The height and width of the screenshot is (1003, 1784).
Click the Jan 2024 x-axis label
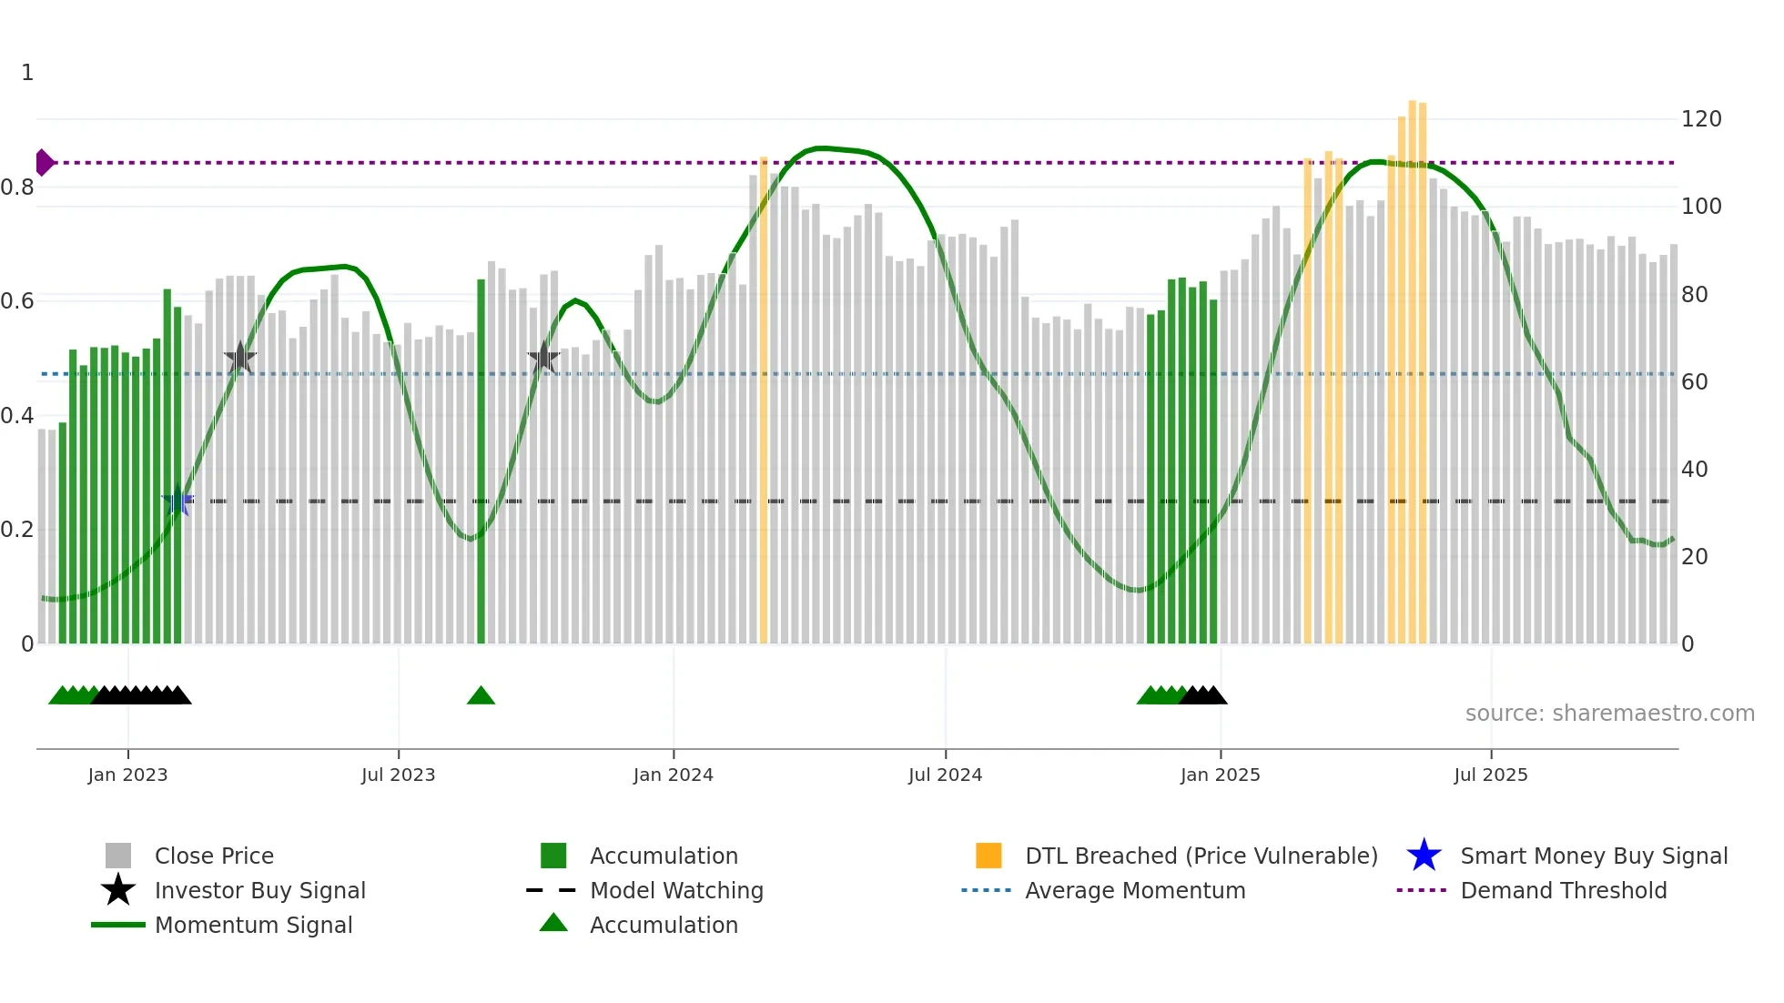[673, 775]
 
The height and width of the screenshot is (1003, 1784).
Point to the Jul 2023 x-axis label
[398, 775]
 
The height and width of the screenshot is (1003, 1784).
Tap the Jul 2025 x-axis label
[1490, 775]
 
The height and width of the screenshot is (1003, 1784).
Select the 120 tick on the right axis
[1700, 119]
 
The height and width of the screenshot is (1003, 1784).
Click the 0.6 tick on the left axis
[17, 301]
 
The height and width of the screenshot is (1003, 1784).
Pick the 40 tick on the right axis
[1694, 470]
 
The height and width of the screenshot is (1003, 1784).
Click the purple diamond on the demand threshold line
[44, 163]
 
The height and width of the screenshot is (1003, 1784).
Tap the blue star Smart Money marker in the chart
[177, 501]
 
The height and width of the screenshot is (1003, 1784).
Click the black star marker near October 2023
[543, 358]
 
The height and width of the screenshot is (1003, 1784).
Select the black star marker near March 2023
[240, 359]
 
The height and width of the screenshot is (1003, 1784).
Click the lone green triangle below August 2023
[481, 696]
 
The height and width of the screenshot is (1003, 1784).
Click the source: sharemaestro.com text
[1609, 714]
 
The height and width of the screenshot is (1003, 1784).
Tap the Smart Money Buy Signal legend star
[1424, 856]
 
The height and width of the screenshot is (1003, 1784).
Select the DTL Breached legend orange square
[988, 856]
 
